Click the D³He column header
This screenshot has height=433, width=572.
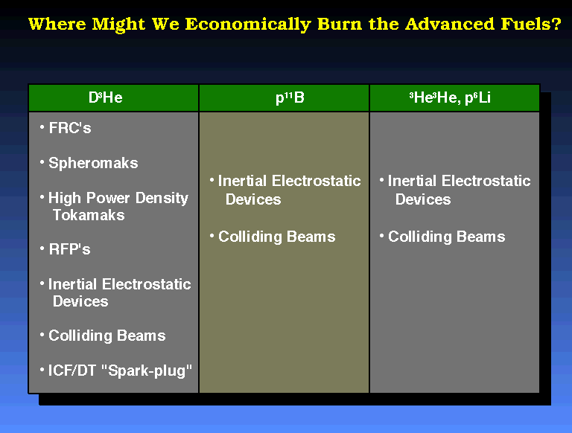[x=106, y=97]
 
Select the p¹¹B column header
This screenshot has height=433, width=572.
[x=290, y=97]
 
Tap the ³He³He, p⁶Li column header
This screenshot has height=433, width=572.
[x=450, y=97]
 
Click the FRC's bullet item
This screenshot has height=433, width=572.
[x=70, y=128]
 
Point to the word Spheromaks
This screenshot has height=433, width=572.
[x=93, y=163]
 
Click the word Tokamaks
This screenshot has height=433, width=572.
[x=89, y=215]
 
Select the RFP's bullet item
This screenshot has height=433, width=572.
[x=69, y=249]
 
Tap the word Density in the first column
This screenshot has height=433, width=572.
[x=162, y=199]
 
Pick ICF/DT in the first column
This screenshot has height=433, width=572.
[x=71, y=371]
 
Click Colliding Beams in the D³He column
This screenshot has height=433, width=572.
[x=107, y=336]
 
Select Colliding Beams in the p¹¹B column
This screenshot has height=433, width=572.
[x=277, y=237]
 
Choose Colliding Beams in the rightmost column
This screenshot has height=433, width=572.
[x=447, y=237]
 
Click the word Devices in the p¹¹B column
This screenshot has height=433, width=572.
[x=253, y=199]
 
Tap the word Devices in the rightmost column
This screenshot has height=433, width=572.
[x=423, y=199]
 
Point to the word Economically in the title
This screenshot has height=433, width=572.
[x=248, y=25]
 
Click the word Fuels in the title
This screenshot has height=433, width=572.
[x=531, y=24]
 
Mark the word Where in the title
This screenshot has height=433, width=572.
[x=57, y=24]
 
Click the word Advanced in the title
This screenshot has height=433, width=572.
[x=450, y=24]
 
